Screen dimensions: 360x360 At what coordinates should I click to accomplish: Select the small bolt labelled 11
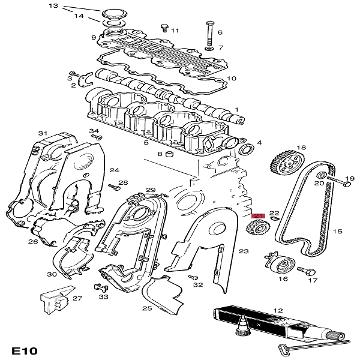[163, 28]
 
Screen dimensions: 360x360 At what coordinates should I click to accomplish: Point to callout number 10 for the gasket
[231, 78]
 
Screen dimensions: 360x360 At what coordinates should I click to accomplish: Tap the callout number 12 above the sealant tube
[278, 310]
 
